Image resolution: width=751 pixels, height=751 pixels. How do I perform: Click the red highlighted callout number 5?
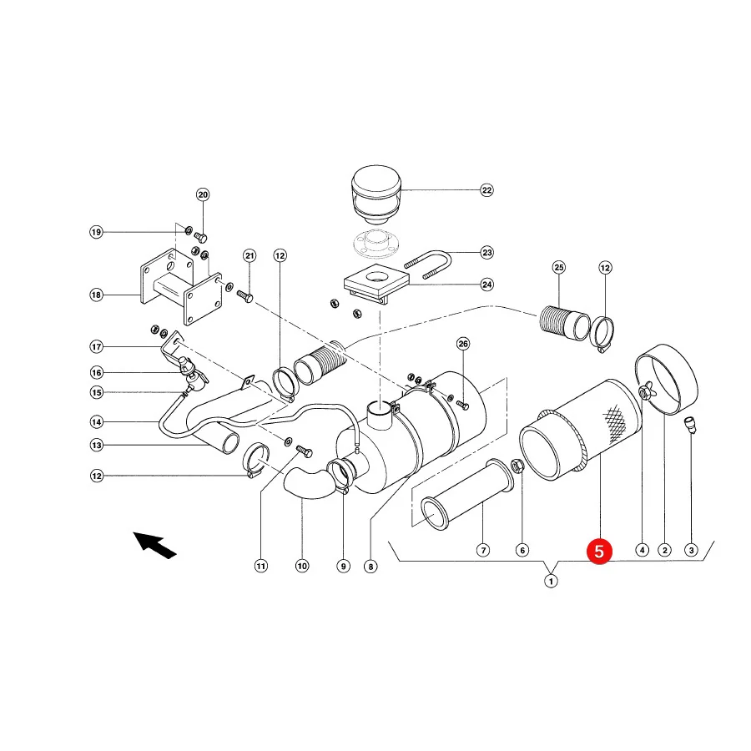tap(599, 551)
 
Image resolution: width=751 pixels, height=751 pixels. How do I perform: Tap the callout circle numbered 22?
tap(486, 190)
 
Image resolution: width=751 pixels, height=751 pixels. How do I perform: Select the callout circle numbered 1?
tap(551, 581)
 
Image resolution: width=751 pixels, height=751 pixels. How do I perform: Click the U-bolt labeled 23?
tap(429, 265)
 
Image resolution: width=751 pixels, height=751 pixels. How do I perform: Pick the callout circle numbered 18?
tap(96, 295)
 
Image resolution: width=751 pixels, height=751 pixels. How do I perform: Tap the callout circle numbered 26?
tap(463, 344)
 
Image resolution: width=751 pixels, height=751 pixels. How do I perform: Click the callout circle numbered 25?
tap(559, 267)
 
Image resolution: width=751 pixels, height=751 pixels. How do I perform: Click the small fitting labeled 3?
tap(690, 426)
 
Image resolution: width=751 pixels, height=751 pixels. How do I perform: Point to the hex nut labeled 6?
tap(517, 466)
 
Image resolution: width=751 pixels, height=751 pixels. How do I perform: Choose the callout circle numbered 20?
tap(203, 194)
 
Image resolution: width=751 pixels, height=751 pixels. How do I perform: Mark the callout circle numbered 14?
tap(96, 422)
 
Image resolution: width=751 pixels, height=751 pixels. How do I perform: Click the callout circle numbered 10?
tap(302, 566)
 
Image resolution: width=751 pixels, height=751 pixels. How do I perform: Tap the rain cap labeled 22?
tap(376, 194)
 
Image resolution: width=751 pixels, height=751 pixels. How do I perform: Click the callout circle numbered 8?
tap(370, 567)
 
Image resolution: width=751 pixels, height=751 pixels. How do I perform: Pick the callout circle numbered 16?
tap(96, 372)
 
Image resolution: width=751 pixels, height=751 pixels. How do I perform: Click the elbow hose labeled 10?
tap(309, 483)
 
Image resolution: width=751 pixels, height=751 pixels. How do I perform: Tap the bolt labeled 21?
tap(244, 295)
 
